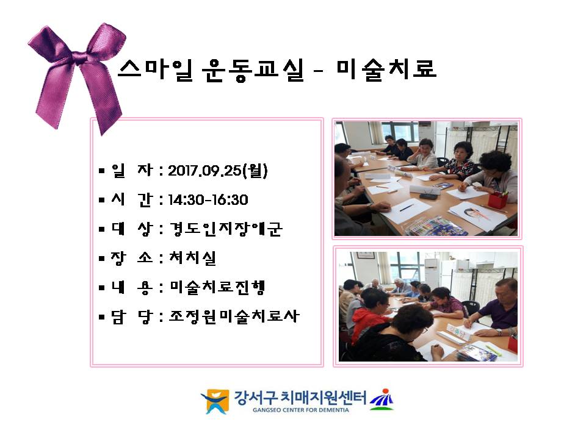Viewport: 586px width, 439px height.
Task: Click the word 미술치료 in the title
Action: (386, 70)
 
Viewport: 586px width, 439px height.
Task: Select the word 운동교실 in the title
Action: (253, 70)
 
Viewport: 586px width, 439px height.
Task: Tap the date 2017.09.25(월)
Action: (217, 171)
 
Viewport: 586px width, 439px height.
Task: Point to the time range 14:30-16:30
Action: (208, 200)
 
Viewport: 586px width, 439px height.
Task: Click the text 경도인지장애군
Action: (226, 229)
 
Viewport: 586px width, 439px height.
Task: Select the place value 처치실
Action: (193, 258)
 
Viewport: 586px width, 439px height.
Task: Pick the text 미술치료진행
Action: (217, 287)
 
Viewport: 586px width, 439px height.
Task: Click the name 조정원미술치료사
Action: (234, 316)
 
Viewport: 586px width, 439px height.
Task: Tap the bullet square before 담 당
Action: (102, 317)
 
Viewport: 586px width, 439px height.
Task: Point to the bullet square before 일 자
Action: (102, 171)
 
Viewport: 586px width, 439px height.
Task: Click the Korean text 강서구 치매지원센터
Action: (300, 398)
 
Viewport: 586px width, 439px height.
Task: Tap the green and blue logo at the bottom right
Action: (382, 399)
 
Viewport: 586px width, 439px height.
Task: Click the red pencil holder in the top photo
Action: (497, 199)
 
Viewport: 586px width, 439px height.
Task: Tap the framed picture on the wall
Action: (364, 255)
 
